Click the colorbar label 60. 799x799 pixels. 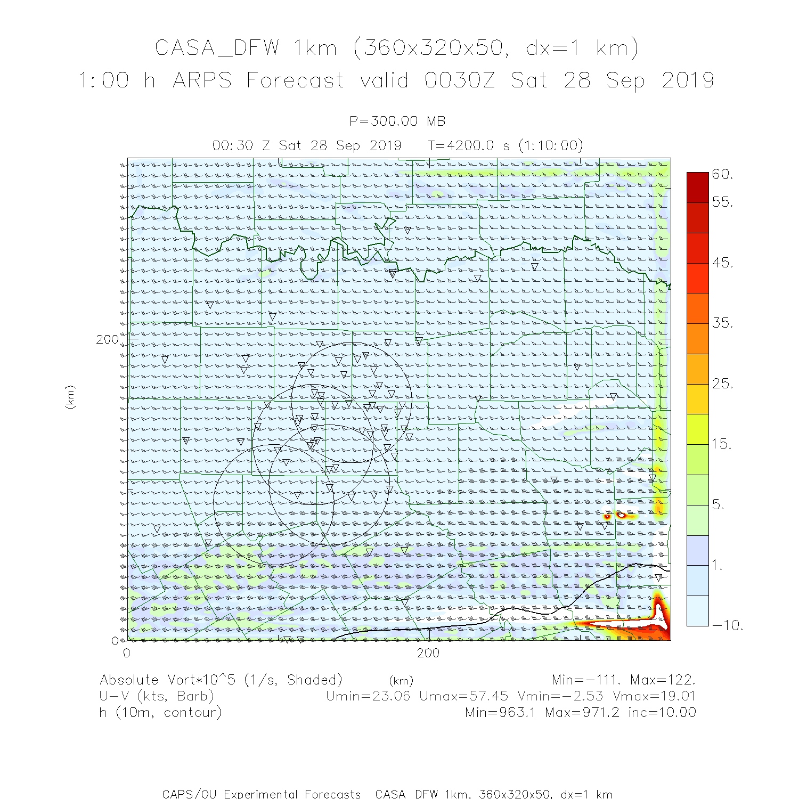(722, 175)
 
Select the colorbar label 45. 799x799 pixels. (722, 263)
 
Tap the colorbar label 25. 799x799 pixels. (722, 384)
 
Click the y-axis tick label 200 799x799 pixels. (108, 339)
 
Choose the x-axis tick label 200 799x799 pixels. (428, 653)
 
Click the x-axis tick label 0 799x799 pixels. (127, 653)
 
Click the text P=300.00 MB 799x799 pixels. (397, 121)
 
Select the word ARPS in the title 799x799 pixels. (202, 80)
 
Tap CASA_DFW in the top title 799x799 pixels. (217, 48)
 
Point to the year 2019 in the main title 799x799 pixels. (688, 80)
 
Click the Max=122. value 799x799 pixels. (663, 680)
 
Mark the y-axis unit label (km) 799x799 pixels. (70, 397)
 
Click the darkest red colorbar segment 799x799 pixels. (698, 187)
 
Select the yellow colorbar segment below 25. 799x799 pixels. (698, 399)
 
